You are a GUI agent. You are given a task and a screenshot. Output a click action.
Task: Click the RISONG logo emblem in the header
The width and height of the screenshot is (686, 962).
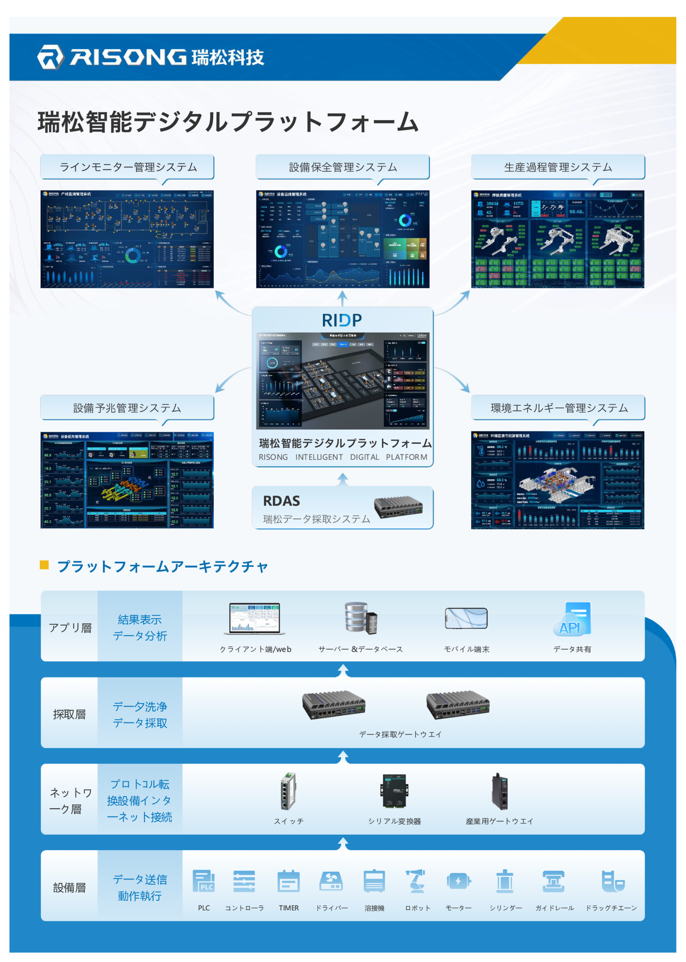50,57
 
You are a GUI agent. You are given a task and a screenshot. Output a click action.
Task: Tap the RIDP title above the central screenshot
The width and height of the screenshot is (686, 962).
342,320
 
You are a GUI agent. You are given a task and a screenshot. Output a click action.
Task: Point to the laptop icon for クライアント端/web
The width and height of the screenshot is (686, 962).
255,619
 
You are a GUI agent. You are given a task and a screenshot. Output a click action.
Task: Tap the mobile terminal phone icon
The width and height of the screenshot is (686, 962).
466,619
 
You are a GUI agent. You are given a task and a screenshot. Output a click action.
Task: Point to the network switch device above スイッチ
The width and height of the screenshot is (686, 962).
289,791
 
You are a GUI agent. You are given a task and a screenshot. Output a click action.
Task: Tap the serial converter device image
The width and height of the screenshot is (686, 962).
395,791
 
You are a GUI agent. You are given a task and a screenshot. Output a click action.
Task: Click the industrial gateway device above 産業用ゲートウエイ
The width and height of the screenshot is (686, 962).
499,791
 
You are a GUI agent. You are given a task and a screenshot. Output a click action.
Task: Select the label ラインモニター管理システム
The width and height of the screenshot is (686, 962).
128,167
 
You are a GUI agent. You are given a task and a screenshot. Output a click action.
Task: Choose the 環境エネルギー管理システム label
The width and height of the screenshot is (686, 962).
559,408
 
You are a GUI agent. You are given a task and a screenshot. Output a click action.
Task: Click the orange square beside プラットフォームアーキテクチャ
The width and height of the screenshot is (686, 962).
44,565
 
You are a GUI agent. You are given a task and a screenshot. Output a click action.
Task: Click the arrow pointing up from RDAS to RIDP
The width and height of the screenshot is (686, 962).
342,479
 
